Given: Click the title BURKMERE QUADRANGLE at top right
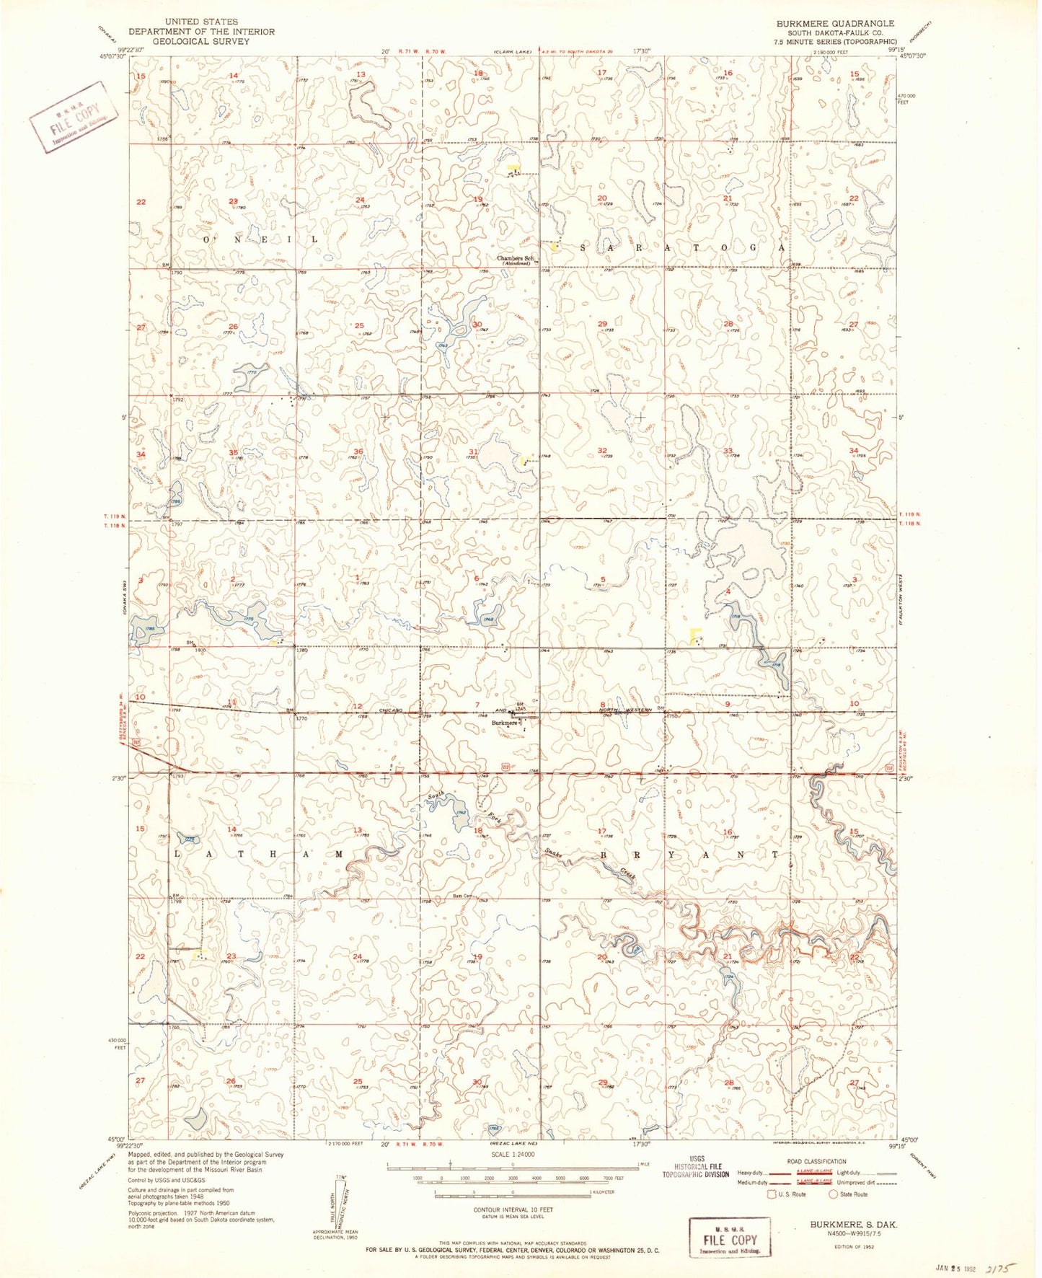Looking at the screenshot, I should pos(835,24).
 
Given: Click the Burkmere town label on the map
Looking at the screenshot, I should pos(505,723).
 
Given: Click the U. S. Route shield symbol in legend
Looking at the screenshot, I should pos(772,1194).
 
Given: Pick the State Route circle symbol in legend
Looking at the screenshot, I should pos(833,1194).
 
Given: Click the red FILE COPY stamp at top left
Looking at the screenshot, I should pos(73,114).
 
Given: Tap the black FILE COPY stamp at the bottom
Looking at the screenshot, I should pos(730,1240).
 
